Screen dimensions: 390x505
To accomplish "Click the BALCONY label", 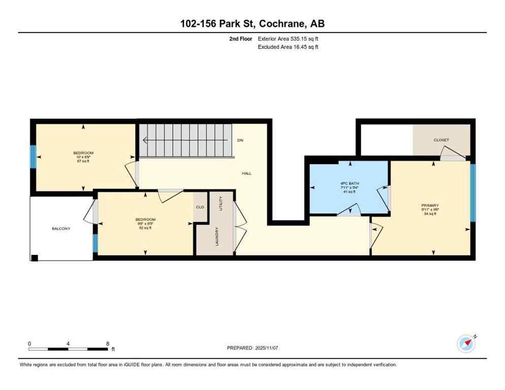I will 61,229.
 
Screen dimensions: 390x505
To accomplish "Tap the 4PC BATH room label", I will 348,183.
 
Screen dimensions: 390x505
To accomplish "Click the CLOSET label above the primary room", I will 441,140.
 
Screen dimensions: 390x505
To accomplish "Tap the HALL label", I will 246,174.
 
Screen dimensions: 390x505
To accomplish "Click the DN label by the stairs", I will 240,140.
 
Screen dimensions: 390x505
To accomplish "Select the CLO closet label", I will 200,207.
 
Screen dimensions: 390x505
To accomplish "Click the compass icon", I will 466,343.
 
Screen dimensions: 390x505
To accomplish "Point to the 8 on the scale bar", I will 108,343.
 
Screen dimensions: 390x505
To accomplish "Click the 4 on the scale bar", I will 68,343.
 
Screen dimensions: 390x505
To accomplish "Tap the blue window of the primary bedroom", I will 472,192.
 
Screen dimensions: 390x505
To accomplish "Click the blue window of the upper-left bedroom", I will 33,157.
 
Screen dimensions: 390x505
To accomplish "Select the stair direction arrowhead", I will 145,140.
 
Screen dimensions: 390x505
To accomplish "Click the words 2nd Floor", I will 240,38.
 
